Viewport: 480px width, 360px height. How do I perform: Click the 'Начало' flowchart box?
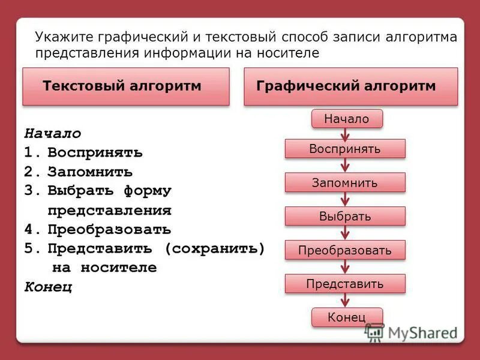click(x=347, y=119)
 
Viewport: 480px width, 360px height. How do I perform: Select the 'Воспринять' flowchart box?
click(x=345, y=149)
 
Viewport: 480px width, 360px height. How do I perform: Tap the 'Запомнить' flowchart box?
click(x=345, y=182)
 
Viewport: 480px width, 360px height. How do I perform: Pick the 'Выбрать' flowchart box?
click(x=345, y=216)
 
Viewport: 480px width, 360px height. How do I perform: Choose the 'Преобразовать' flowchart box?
click(x=345, y=250)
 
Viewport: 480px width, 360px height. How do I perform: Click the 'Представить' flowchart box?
click(x=345, y=284)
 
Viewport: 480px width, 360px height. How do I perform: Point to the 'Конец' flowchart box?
click(x=347, y=317)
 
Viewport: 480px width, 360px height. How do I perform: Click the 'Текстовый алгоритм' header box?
click(x=126, y=86)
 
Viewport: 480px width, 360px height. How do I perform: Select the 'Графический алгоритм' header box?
click(x=351, y=86)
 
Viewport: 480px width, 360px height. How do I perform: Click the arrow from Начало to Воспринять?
click(x=345, y=134)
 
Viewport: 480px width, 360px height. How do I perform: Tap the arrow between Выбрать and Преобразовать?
click(x=345, y=233)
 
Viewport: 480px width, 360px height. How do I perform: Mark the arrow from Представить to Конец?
click(x=345, y=301)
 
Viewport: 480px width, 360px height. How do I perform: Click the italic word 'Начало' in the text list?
click(x=53, y=133)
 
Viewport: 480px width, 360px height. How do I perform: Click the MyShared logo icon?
click(x=375, y=332)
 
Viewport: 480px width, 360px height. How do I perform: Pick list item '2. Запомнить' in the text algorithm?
click(x=79, y=172)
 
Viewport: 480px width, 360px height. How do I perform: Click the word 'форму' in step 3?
click(x=148, y=191)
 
